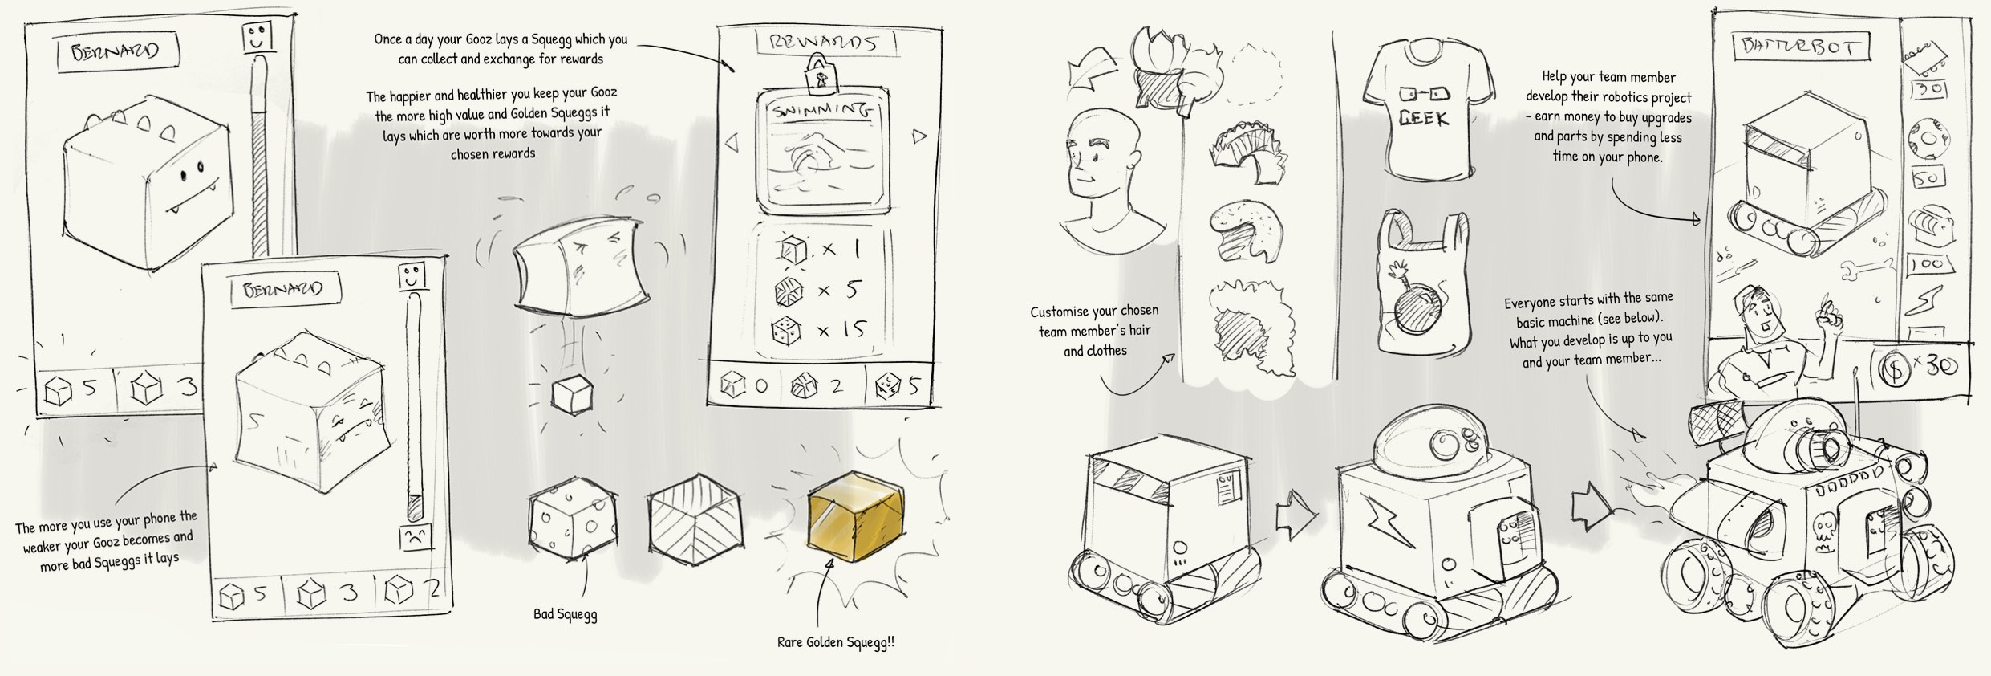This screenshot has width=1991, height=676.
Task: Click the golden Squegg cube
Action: (x=855, y=515)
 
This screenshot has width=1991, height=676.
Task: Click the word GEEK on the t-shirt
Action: (x=1423, y=119)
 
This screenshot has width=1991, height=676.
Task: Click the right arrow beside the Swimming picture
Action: (x=918, y=137)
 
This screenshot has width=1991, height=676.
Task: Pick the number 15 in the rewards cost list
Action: (x=852, y=330)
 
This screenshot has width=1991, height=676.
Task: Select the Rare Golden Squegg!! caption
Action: (x=835, y=642)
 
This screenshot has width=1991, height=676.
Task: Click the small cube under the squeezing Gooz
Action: (x=572, y=394)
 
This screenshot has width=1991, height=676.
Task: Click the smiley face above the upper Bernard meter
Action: (x=256, y=37)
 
